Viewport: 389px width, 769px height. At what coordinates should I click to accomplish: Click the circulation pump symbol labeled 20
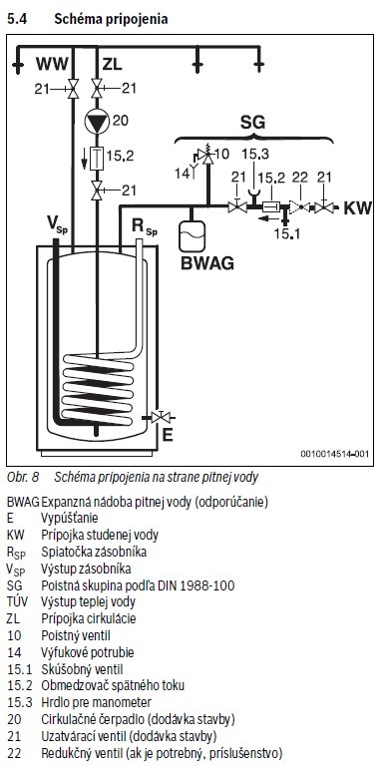point(97,121)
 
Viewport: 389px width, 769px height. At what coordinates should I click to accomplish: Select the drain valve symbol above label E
point(160,417)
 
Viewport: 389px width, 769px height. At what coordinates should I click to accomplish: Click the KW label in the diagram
point(357,207)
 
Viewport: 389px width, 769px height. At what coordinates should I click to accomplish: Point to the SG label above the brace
point(252,122)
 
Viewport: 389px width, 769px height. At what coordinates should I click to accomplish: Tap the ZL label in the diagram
point(113,64)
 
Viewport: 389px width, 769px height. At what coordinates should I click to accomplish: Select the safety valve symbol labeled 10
point(208,156)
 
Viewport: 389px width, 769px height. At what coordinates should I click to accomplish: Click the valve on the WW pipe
point(73,89)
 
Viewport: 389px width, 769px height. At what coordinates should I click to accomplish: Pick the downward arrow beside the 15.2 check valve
point(84,157)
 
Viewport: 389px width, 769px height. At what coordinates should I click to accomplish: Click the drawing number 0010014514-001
point(334,454)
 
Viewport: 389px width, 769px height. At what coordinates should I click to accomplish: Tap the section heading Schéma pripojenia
point(111,19)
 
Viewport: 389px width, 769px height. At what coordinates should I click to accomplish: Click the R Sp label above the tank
point(145,227)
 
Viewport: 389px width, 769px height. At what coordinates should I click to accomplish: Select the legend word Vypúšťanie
point(70,519)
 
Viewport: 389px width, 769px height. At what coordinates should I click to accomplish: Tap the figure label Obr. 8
point(23,476)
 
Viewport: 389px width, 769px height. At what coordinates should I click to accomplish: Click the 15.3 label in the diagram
point(254,154)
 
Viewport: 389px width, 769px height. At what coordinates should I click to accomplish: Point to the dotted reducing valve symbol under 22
point(299,207)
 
